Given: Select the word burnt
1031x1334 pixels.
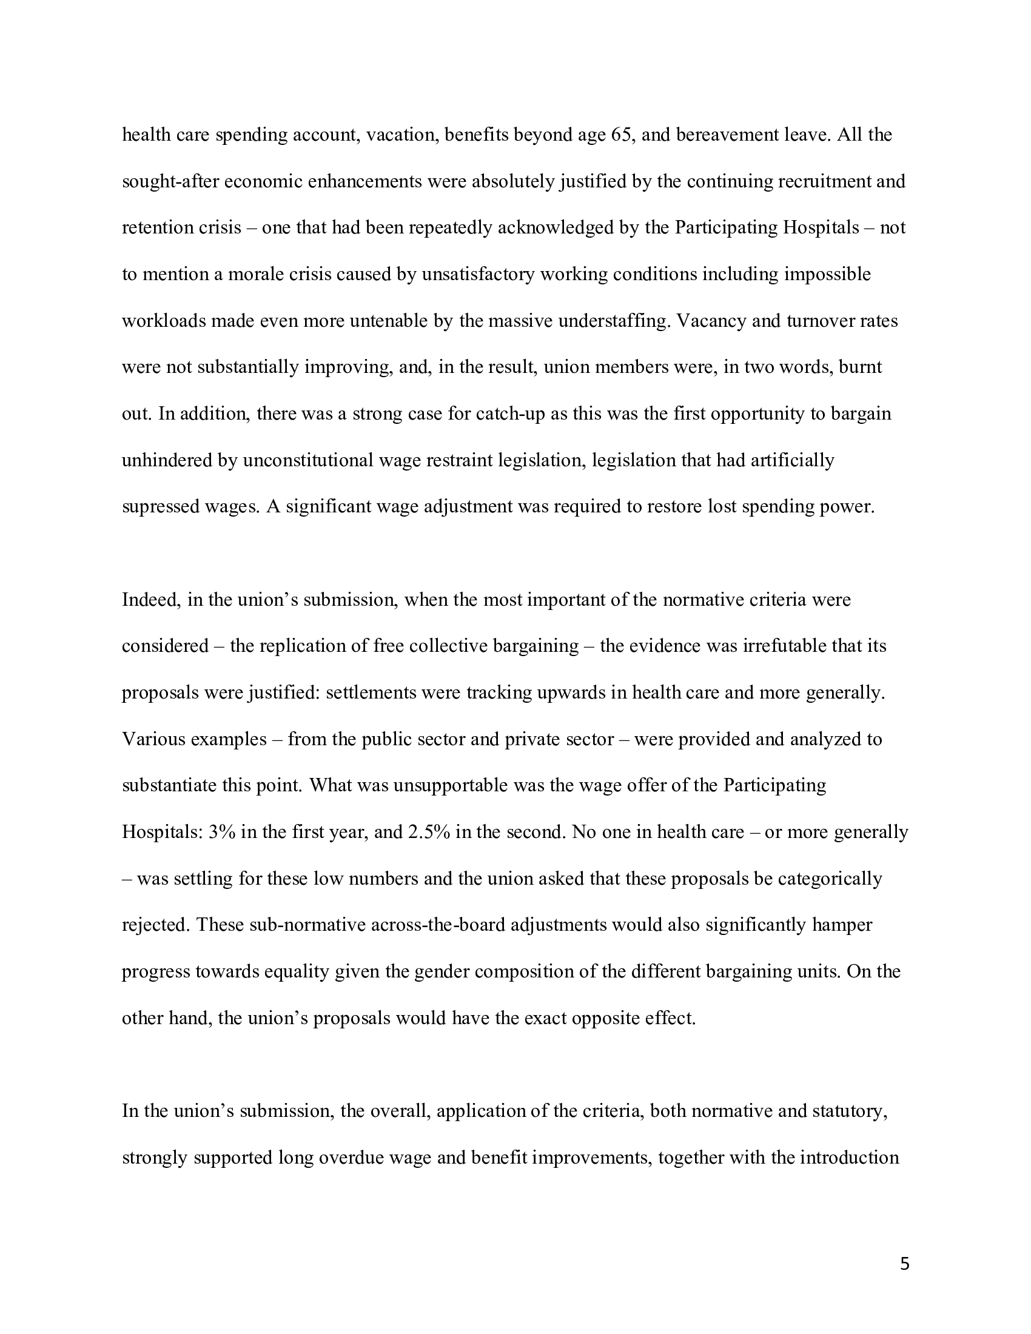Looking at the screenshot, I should tap(861, 367).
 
